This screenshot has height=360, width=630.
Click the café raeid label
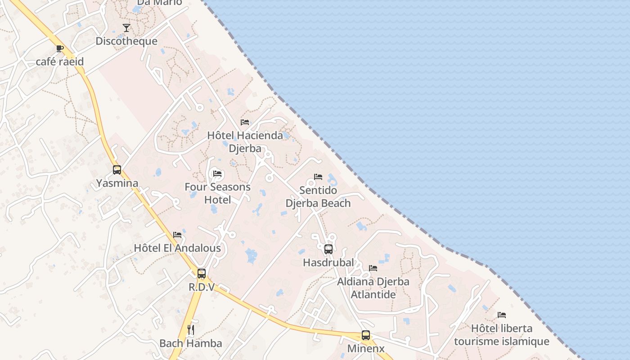[60, 61]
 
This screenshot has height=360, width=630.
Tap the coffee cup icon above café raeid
[60, 49]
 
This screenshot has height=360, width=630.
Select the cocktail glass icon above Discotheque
[126, 28]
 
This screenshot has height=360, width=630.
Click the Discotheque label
[126, 41]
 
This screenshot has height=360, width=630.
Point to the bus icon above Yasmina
[117, 170]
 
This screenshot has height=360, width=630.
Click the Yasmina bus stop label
[117, 183]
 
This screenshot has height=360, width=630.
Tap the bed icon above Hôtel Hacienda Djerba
[245, 122]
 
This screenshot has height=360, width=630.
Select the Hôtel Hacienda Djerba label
[245, 142]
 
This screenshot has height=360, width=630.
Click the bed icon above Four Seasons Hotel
[217, 174]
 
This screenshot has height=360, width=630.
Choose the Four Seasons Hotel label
[218, 193]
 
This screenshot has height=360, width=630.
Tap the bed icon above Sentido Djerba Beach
[318, 177]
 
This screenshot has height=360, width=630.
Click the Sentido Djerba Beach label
[318, 197]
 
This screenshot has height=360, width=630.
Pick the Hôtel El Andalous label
[177, 248]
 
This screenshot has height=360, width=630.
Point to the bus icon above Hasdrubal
[328, 249]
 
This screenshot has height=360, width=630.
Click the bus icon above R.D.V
[202, 273]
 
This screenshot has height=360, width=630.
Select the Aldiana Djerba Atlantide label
[373, 288]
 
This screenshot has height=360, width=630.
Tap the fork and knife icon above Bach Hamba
[191, 330]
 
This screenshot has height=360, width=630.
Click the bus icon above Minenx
[366, 335]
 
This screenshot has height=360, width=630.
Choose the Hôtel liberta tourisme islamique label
[502, 335]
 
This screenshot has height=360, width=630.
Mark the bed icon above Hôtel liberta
[502, 315]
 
